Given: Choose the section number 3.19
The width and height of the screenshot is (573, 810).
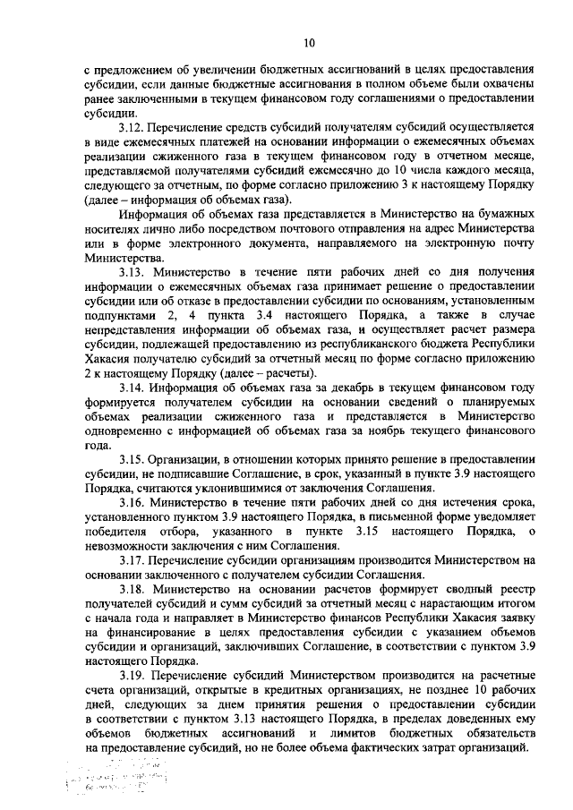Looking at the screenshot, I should [x=134, y=674].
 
